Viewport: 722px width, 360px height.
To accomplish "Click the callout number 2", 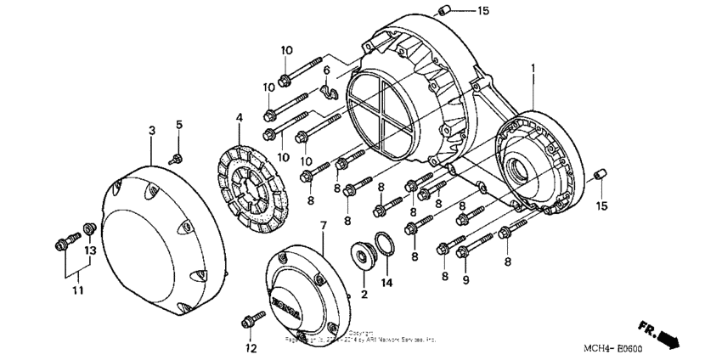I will pyautogui.click(x=364, y=294).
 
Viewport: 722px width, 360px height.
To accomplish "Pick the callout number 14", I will pyautogui.click(x=387, y=282).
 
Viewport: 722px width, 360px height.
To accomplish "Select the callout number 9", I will pyautogui.click(x=465, y=279).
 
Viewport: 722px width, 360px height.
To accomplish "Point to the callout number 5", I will pyautogui.click(x=179, y=126).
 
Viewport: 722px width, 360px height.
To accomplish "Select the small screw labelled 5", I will pyautogui.click(x=176, y=157).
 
